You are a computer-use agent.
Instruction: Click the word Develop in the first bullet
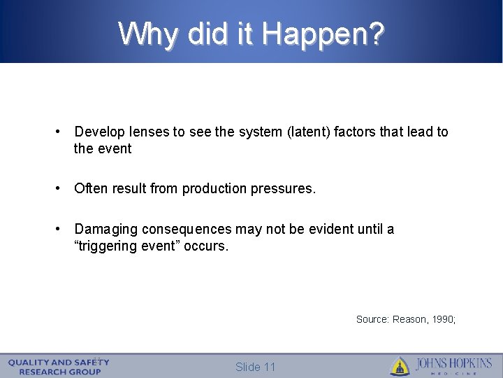[99, 132]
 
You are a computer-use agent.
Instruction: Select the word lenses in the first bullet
[147, 132]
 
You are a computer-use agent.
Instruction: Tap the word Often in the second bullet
[90, 188]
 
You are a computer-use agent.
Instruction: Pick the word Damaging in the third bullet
[105, 230]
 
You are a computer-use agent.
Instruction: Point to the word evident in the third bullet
[333, 230]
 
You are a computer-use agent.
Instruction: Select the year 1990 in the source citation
[443, 319]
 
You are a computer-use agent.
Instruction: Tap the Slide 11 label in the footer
[256, 367]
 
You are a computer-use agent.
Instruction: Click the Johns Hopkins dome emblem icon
[400, 366]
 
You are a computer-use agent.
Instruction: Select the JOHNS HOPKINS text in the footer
[453, 363]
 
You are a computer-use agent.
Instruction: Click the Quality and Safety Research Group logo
[59, 367]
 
